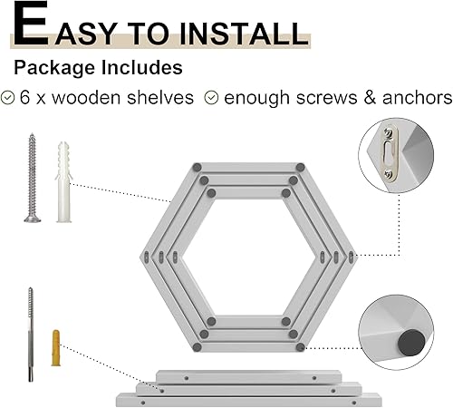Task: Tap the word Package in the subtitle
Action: point(53,68)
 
